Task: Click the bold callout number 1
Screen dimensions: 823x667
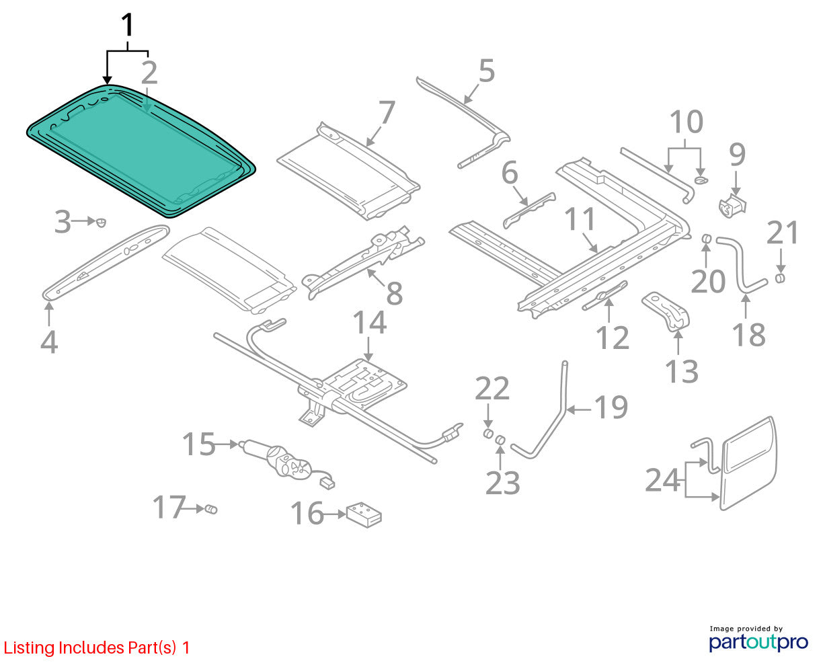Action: click(x=128, y=25)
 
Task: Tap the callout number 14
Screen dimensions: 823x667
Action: click(x=369, y=322)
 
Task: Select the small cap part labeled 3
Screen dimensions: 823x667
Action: click(x=101, y=222)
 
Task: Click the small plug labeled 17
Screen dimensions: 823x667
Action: click(x=211, y=510)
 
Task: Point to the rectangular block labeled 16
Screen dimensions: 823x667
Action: click(x=364, y=515)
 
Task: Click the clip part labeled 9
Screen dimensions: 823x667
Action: click(x=732, y=206)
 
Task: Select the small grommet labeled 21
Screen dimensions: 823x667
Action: click(x=780, y=278)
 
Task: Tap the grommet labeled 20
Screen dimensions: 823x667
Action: click(x=707, y=239)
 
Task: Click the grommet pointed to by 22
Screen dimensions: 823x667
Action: click(x=488, y=434)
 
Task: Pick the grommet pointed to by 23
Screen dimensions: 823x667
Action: click(x=500, y=440)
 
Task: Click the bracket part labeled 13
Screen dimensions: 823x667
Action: click(x=666, y=311)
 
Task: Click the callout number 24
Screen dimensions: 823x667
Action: click(x=662, y=480)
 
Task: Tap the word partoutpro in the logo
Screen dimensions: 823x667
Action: click(x=758, y=643)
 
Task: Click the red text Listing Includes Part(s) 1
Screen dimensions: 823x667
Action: click(x=97, y=648)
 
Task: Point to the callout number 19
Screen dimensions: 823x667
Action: click(x=611, y=407)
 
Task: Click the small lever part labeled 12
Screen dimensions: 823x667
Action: click(x=604, y=296)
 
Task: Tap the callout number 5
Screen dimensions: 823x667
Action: click(x=486, y=71)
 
